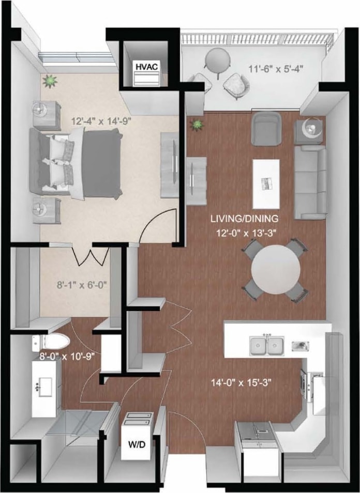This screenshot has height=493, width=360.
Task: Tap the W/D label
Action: pos(137,443)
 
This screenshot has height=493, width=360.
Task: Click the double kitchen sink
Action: pos(266,345)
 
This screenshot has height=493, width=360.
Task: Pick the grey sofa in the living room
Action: pos(310,181)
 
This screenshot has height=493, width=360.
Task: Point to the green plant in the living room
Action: pos(197,125)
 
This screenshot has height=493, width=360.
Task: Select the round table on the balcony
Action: pos(217,57)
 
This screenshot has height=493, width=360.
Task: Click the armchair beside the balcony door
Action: pos(266,129)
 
